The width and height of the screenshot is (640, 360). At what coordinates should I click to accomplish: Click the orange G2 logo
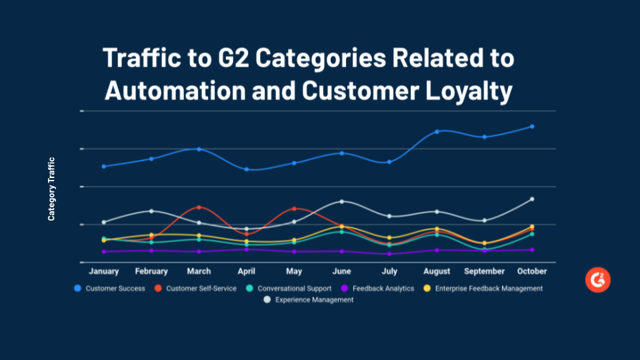pos(598,280)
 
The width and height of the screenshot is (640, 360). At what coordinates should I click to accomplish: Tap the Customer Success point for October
pos(532,126)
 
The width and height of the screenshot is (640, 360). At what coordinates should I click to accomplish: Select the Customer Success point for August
pos(437,131)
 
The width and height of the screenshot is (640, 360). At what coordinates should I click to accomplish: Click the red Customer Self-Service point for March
pos(199,207)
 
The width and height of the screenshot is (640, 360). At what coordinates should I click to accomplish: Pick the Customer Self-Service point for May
pos(294,209)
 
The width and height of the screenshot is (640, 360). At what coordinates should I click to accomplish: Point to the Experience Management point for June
pos(342,201)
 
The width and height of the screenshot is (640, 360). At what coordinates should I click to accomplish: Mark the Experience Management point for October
pos(532,199)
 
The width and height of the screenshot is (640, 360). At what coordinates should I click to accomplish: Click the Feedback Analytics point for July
pos(389,253)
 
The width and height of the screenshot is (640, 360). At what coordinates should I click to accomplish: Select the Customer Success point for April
pos(247,169)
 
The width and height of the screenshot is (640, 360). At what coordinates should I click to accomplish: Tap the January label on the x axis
pos(103,271)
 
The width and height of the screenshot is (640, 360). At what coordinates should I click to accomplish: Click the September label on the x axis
pos(484,271)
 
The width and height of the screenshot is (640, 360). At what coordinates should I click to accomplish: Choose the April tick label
pos(247,271)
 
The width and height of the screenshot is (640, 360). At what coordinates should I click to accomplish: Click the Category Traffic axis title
pos(51,189)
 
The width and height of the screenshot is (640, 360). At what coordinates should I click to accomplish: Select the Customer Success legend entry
pos(110,289)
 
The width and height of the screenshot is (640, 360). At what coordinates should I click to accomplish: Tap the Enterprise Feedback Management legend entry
pos(483,289)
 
